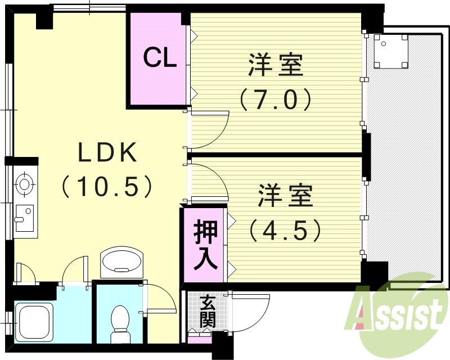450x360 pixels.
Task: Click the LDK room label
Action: (x=107, y=153)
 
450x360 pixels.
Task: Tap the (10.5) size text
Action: (x=107, y=186)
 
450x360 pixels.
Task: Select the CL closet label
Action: (x=159, y=58)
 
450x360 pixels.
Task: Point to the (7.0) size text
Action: (x=276, y=100)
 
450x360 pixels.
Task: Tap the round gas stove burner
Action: (x=24, y=183)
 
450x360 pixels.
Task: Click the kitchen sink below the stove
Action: (x=24, y=218)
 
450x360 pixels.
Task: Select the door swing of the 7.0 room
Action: (x=211, y=128)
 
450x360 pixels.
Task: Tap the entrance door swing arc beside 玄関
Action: (x=247, y=315)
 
